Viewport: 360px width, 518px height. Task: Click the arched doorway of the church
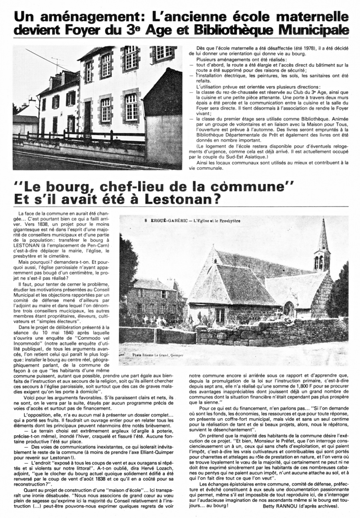click(288, 309)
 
